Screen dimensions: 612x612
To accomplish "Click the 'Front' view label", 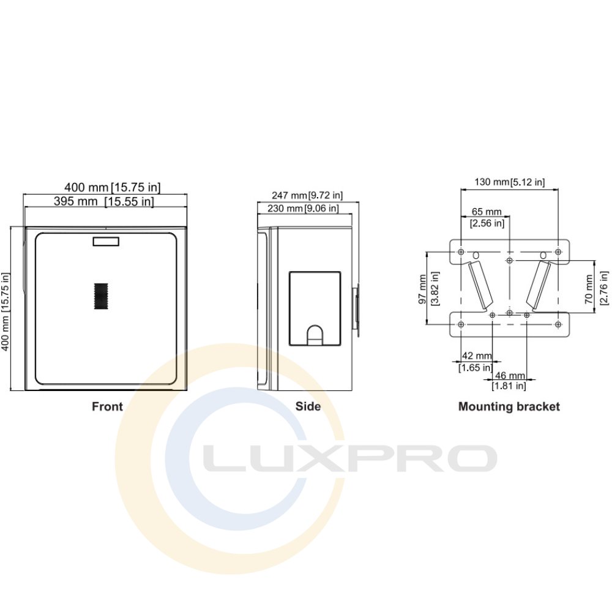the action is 107,407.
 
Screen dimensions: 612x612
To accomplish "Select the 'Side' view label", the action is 308,407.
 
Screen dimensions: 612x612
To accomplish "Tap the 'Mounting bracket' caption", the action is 509,407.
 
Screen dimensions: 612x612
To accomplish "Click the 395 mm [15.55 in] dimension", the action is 104,201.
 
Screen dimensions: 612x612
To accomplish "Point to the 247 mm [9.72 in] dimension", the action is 307,195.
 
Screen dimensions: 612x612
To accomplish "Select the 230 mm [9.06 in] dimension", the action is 304,209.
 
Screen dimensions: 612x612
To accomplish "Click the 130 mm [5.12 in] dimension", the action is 509,182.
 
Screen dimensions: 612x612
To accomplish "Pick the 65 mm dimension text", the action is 487,212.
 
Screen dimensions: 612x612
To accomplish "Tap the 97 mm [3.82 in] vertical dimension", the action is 428,289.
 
